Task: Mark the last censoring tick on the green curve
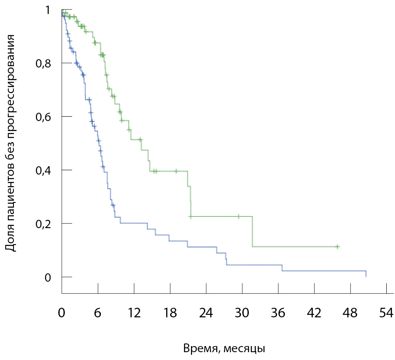coord(337,247)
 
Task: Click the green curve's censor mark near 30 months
coord(238,216)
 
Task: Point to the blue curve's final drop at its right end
coord(366,274)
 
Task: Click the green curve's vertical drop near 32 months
coord(253,232)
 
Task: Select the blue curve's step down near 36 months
coord(282,268)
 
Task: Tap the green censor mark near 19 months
coord(176,171)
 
